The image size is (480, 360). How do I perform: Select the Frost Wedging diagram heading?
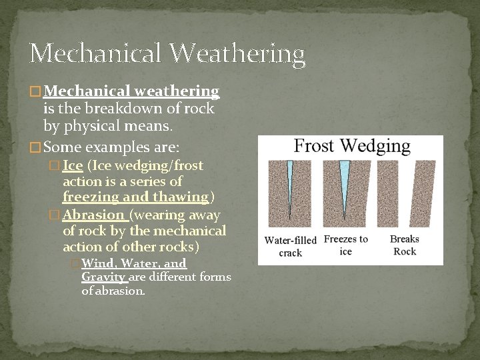click(x=353, y=147)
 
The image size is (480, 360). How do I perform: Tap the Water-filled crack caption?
click(x=291, y=246)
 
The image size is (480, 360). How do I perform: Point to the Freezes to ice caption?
click(x=346, y=245)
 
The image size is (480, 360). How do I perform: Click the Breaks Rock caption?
click(x=405, y=245)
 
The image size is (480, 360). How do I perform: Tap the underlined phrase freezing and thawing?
click(x=135, y=197)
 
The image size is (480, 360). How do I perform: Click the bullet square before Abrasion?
click(x=55, y=215)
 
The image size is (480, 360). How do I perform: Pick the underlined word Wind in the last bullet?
click(x=97, y=264)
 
